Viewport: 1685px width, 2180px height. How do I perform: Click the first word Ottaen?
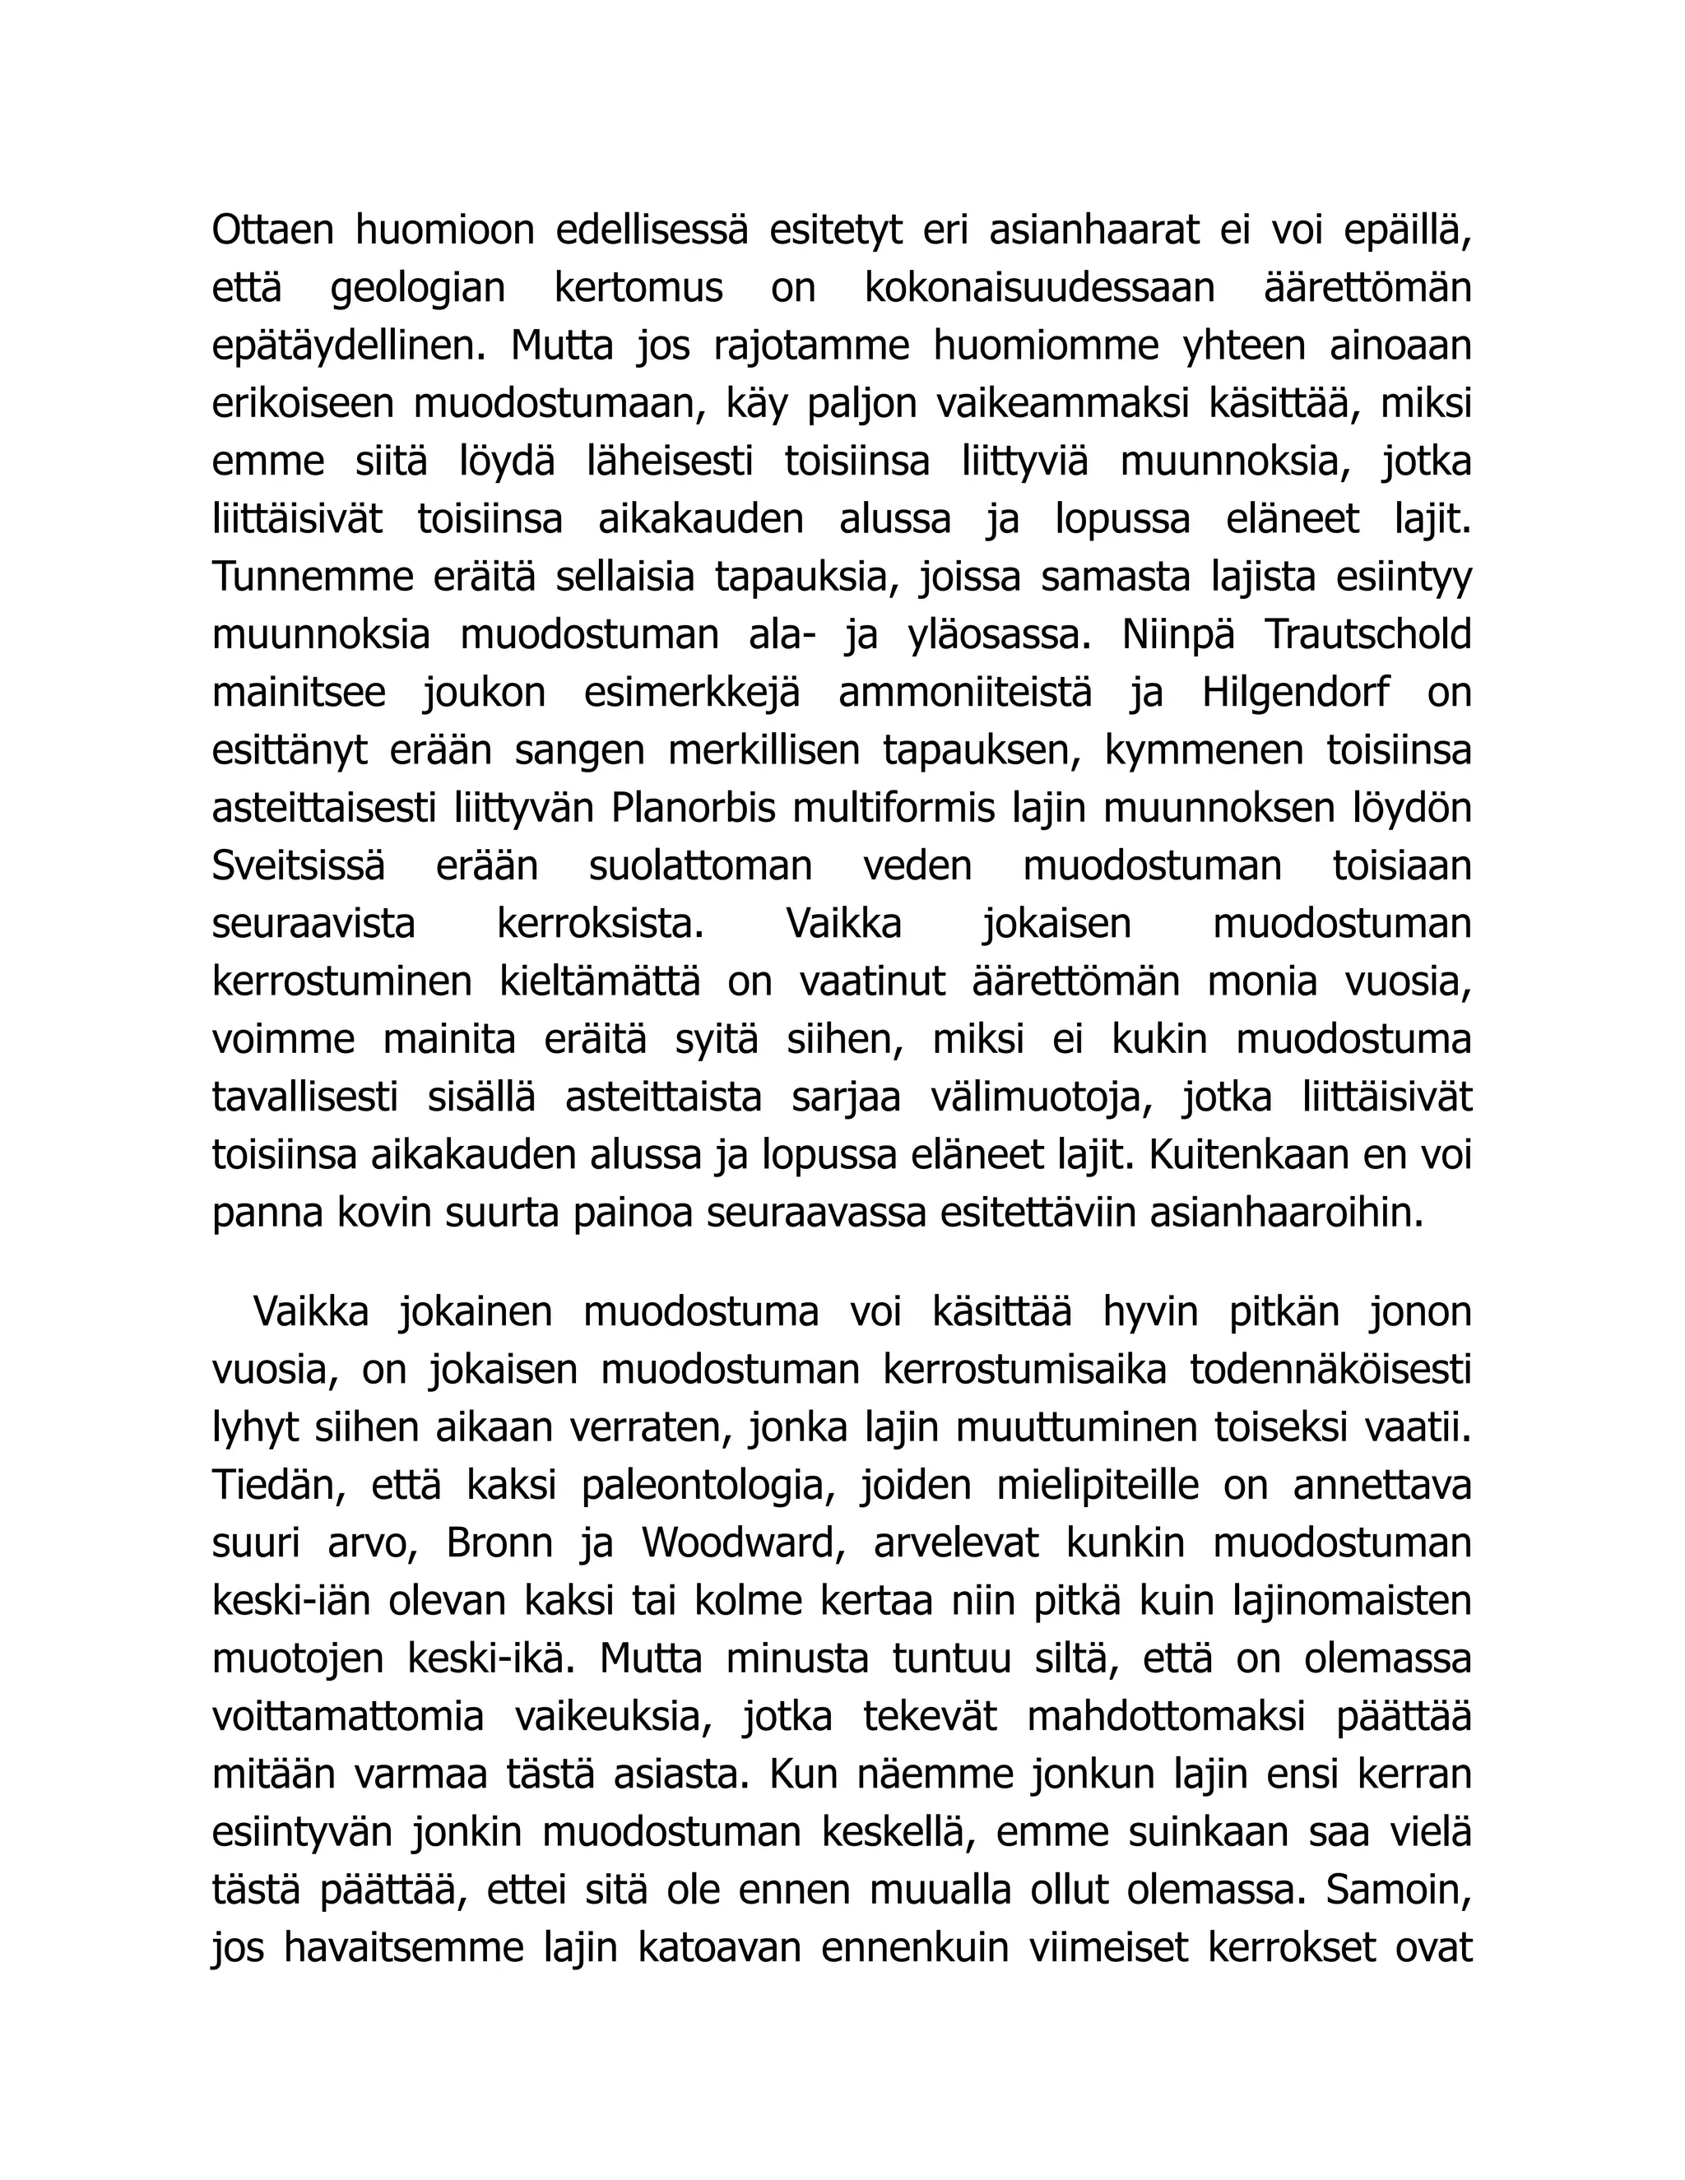(x=272, y=230)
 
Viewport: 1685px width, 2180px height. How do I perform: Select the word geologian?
(x=417, y=289)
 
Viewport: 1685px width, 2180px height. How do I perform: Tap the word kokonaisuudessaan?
(x=1039, y=289)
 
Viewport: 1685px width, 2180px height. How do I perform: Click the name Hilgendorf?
(x=1295, y=693)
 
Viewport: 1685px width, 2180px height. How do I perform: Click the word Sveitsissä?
(x=298, y=866)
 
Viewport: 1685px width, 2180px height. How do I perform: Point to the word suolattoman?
(x=701, y=866)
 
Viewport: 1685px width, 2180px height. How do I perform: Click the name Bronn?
(x=499, y=1543)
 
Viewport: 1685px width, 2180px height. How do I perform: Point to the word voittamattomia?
(x=348, y=1717)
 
